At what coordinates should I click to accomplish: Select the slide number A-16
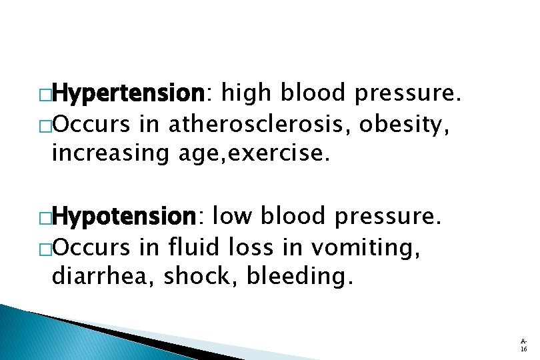pos(524,343)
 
